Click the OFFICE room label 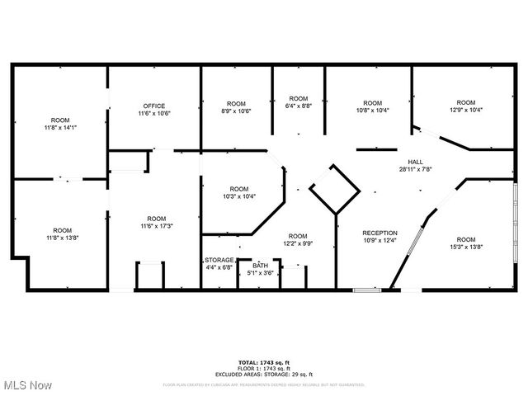pyautogui.click(x=154, y=106)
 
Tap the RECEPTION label pyautogui.click(x=380, y=233)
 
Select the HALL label pyautogui.click(x=414, y=162)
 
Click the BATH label pyautogui.click(x=261, y=266)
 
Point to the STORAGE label pyautogui.click(x=219, y=260)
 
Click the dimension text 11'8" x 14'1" pyautogui.click(x=60, y=128)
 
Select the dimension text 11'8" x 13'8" pyautogui.click(x=62, y=238)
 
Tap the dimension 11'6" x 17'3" pyautogui.click(x=156, y=225)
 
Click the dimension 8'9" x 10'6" pyautogui.click(x=237, y=111)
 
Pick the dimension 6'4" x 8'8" pyautogui.click(x=298, y=106)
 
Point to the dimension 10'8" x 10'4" pyautogui.click(x=373, y=111)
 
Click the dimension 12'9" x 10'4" pyautogui.click(x=466, y=110)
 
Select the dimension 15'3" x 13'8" pyautogui.click(x=466, y=247)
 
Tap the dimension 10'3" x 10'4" pyautogui.click(x=238, y=196)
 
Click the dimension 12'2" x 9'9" pyautogui.click(x=298, y=243)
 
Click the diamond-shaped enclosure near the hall pyautogui.click(x=335, y=190)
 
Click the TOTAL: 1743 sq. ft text pyautogui.click(x=263, y=363)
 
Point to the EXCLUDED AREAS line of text pyautogui.click(x=263, y=375)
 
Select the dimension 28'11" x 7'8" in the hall pyautogui.click(x=414, y=169)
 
